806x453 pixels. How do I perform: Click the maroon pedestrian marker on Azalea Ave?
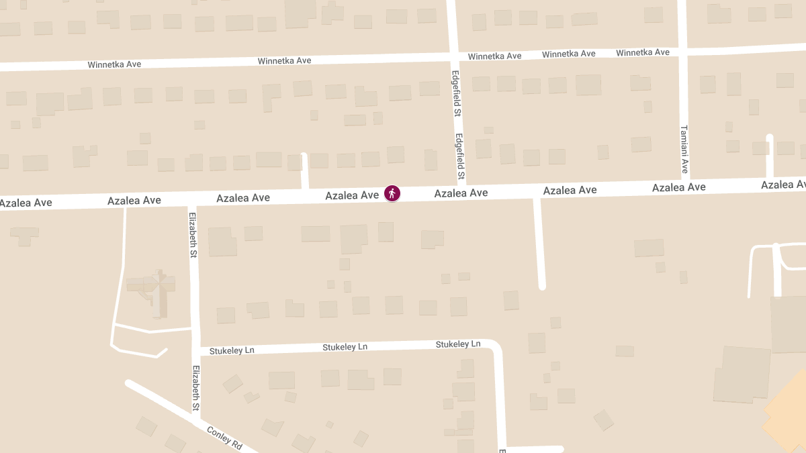pos(392,194)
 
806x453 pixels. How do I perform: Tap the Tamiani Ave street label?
pos(684,149)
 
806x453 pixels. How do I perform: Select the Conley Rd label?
pos(224,438)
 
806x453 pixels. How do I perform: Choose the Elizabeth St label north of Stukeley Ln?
pos(193,235)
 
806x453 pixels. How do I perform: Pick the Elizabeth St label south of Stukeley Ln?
pos(196,388)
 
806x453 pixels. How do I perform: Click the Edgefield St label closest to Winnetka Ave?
pos(455,94)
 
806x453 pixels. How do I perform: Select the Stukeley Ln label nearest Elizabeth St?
pos(232,350)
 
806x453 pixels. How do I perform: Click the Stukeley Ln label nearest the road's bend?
pos(458,344)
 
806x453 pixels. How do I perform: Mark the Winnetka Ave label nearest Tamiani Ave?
pos(643,52)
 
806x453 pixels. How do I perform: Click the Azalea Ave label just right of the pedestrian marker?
pos(461,193)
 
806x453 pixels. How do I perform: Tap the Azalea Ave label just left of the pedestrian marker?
pos(352,195)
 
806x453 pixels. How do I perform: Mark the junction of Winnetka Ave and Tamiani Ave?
pos(682,51)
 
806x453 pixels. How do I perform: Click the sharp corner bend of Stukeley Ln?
pos(496,346)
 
